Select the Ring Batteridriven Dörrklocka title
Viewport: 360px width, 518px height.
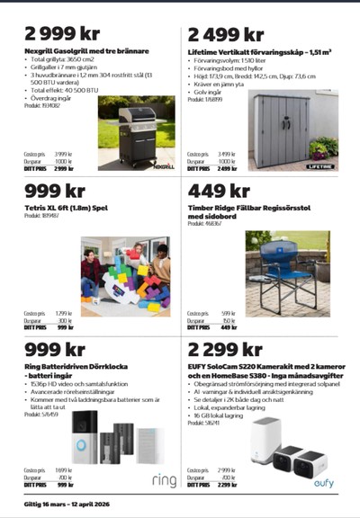pyautogui.click(x=82, y=367)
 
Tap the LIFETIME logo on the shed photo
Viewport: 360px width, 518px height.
pyautogui.click(x=319, y=165)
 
